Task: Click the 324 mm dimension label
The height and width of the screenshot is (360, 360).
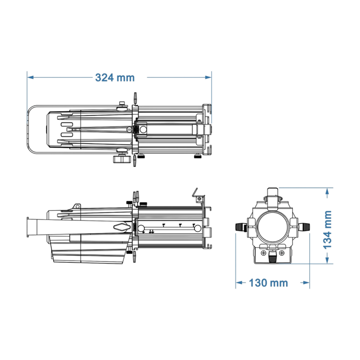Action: coord(115,77)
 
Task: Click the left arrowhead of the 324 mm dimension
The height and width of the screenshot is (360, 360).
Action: coord(30,77)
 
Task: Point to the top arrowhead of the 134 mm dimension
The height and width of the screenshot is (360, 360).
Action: coord(327,191)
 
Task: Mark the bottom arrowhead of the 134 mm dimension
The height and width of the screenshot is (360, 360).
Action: coord(327,261)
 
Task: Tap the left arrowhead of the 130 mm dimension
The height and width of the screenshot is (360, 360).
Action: coord(239,283)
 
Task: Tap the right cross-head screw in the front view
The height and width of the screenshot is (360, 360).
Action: coord(282,254)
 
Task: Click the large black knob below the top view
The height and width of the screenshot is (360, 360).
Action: coord(119,159)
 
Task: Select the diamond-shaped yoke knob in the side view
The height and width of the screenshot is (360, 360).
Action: coord(122,227)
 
